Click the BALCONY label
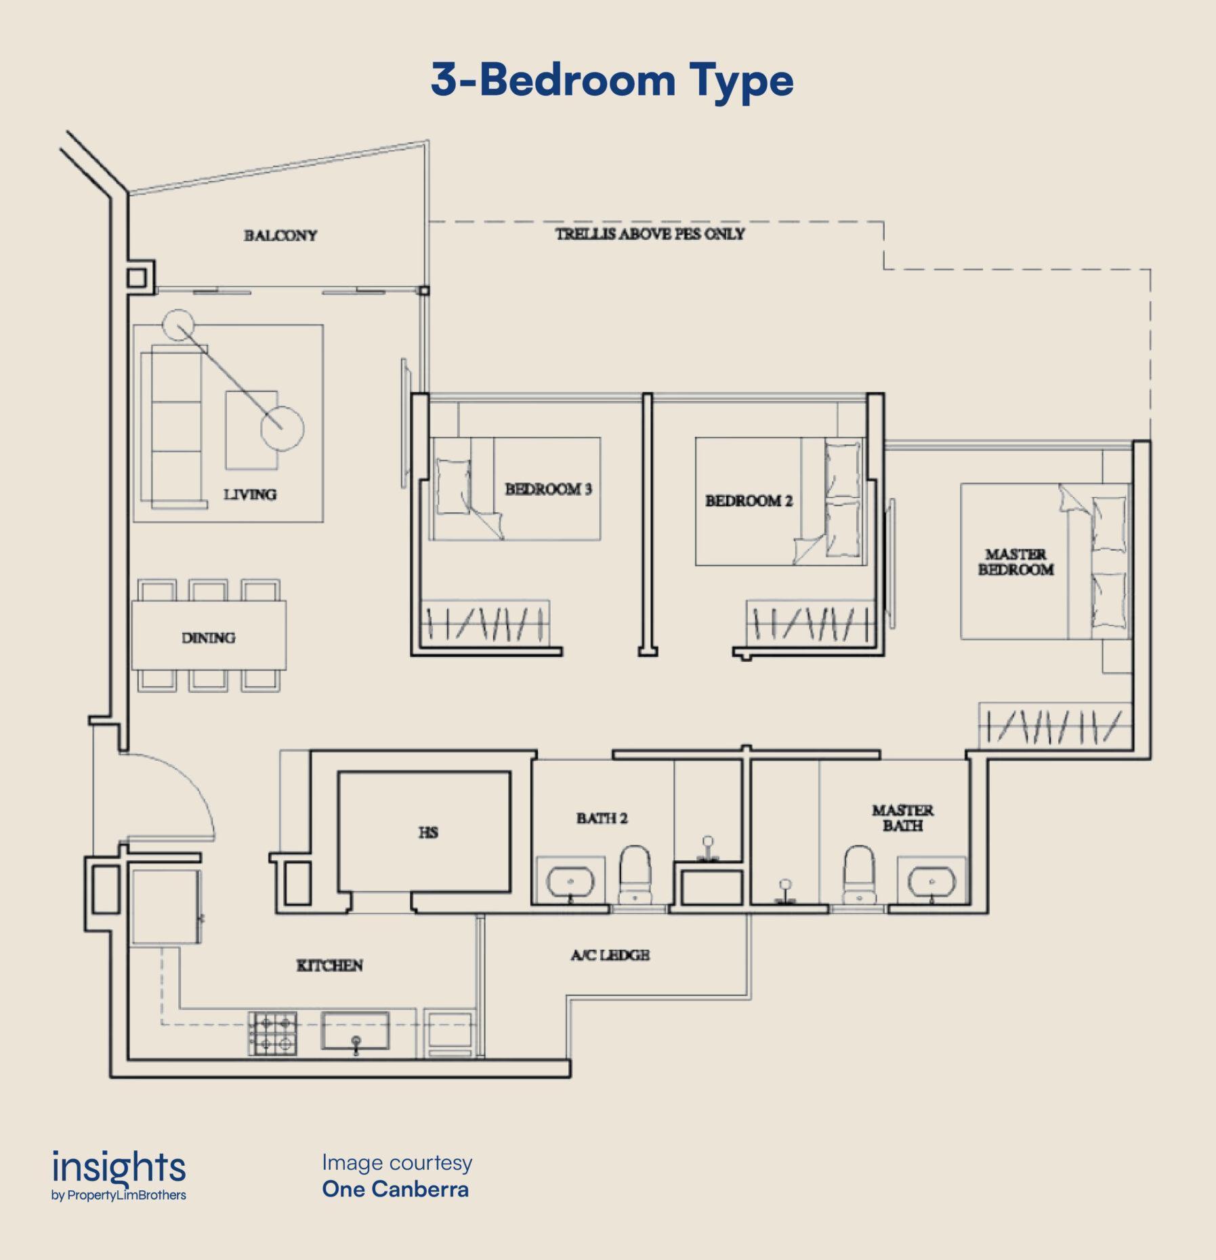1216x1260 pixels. [x=280, y=236]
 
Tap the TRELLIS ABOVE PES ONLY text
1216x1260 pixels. [x=650, y=234]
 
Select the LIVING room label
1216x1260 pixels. [x=250, y=495]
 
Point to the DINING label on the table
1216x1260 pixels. [x=208, y=637]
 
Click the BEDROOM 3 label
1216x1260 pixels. [x=548, y=489]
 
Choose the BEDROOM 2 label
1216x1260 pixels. [x=749, y=501]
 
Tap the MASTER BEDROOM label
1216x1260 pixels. [x=1015, y=562]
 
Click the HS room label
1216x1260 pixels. [x=428, y=832]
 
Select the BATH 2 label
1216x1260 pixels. [x=602, y=818]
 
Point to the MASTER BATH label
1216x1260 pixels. [x=902, y=818]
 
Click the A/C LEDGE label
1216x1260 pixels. [x=610, y=955]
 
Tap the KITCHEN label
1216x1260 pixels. [x=329, y=965]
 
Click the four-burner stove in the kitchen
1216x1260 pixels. [x=273, y=1033]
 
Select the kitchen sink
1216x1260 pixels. [x=355, y=1031]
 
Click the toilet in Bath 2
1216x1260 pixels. [x=635, y=874]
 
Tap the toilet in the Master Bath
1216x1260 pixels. [x=859, y=874]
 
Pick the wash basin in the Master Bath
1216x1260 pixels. [x=931, y=881]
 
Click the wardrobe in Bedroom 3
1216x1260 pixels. [x=485, y=623]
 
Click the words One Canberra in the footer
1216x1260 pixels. [x=395, y=1189]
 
